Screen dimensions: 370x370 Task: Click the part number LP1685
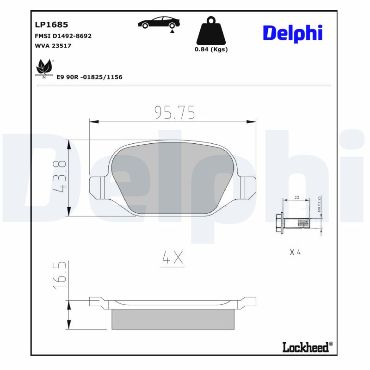coord(52,25)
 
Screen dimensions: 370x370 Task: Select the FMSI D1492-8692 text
coord(63,36)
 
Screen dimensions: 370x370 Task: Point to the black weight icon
coord(211,31)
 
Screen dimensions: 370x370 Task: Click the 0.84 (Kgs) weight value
coord(211,49)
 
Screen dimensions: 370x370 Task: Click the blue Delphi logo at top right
coord(292,33)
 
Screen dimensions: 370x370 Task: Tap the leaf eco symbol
coord(44,68)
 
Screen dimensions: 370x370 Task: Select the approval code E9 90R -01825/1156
coord(89,77)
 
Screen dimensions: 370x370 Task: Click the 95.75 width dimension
coord(174,112)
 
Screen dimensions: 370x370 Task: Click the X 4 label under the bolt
coord(295,252)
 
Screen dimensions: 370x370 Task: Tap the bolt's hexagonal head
coord(279,224)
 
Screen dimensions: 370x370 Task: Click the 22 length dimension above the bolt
coord(296,197)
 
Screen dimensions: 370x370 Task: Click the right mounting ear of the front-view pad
coord(248,187)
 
